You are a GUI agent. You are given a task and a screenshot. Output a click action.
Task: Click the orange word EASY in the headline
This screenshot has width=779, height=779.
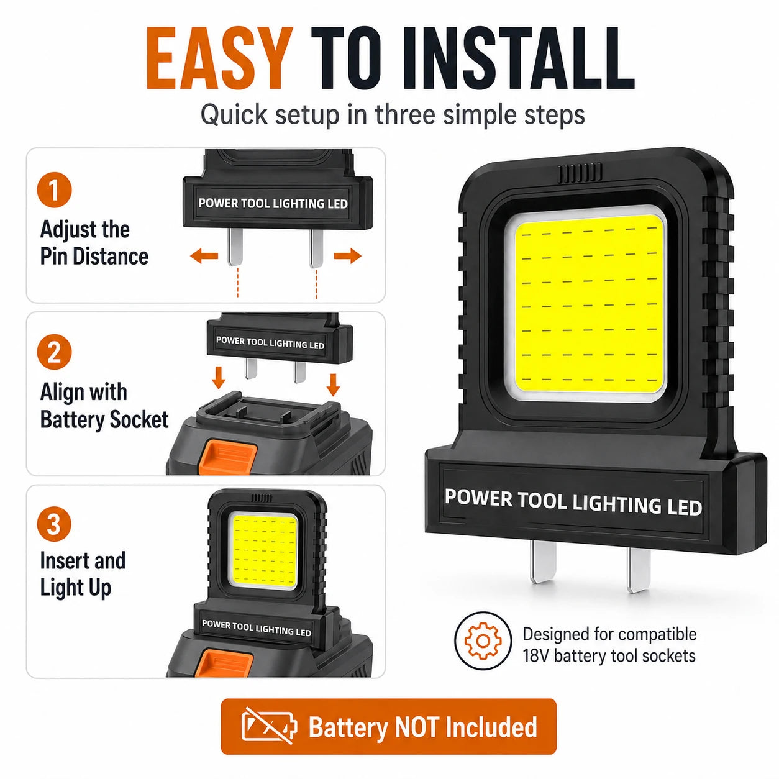coord(219,58)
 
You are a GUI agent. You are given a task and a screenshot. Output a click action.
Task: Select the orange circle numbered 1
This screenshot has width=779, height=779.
coord(54,190)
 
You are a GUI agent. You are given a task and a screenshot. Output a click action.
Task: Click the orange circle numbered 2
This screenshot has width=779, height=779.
coord(54,352)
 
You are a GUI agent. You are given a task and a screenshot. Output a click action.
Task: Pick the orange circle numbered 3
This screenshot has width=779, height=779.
coord(54,524)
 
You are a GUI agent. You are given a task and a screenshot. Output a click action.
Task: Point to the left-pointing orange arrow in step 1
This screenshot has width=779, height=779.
coord(204,255)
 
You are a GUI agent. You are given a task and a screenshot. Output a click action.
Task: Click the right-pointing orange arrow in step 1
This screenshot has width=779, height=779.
coord(348,255)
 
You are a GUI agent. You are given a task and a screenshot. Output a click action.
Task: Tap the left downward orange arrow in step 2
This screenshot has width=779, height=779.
coord(219,378)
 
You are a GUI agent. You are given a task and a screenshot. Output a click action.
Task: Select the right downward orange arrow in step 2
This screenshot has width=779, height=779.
coord(333,385)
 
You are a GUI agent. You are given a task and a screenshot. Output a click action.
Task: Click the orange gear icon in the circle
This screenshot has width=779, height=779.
coord(483,641)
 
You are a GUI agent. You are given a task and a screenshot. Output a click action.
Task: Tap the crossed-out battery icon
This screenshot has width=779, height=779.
coord(269,726)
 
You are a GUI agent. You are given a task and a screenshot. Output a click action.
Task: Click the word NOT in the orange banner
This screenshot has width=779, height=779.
coord(416,727)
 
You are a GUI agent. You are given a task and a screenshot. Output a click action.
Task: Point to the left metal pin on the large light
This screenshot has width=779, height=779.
coord(543,562)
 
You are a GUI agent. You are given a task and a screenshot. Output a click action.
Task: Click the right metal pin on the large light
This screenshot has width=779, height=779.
coord(639,571)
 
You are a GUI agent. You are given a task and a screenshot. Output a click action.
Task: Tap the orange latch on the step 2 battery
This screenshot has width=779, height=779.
coord(229,458)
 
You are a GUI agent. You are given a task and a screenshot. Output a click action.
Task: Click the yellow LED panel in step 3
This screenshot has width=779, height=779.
coord(265,551)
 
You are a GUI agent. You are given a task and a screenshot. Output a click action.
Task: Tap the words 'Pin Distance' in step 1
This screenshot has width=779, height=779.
coord(94,257)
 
